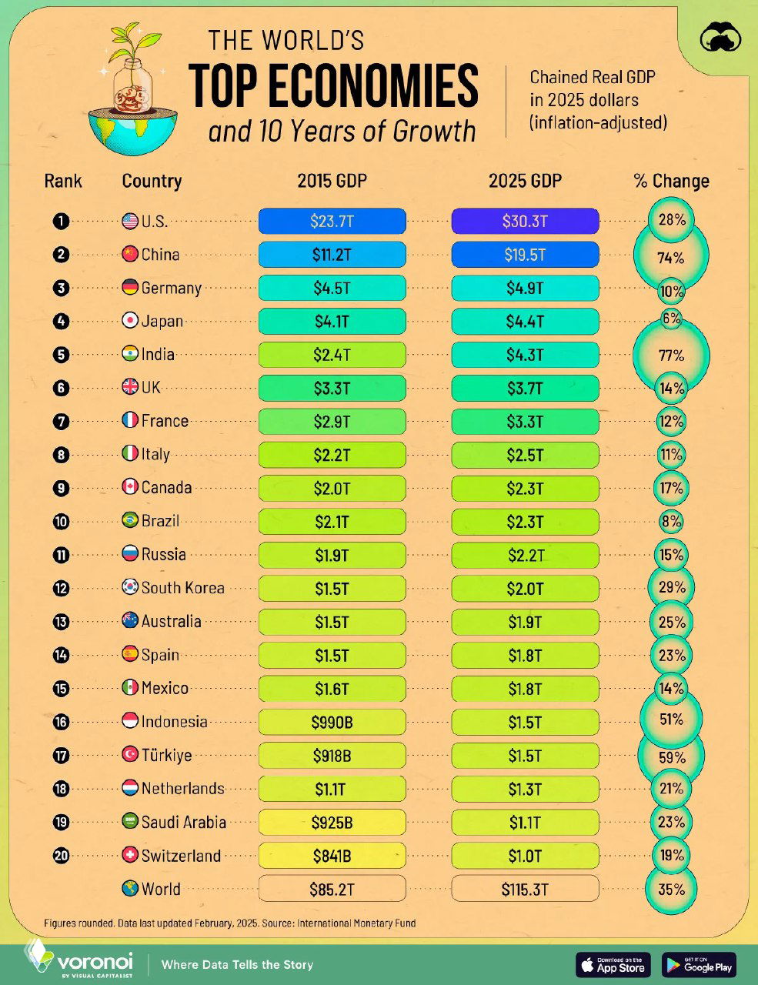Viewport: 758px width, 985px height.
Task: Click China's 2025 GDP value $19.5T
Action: (x=525, y=255)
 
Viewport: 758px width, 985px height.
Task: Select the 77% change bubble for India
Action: (x=671, y=355)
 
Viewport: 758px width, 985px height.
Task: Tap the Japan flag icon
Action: (x=130, y=321)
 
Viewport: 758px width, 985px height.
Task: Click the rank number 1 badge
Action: (x=62, y=222)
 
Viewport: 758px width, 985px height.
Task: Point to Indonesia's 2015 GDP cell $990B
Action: (x=332, y=722)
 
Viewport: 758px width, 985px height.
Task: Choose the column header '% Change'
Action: (x=671, y=181)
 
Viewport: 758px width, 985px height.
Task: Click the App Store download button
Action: (x=613, y=964)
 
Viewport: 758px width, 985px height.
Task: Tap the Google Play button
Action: (x=698, y=964)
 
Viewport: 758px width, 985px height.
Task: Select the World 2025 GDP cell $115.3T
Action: (x=525, y=889)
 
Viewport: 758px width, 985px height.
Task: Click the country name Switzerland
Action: (x=181, y=855)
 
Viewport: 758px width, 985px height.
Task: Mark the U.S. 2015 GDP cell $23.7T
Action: (x=332, y=222)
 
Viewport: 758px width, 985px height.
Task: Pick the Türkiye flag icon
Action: (x=130, y=755)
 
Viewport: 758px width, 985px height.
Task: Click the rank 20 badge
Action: (x=62, y=855)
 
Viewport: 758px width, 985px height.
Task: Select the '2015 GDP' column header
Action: (x=332, y=181)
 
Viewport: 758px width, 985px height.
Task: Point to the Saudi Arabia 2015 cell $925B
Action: (x=332, y=822)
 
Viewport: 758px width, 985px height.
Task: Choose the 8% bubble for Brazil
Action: (x=671, y=522)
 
